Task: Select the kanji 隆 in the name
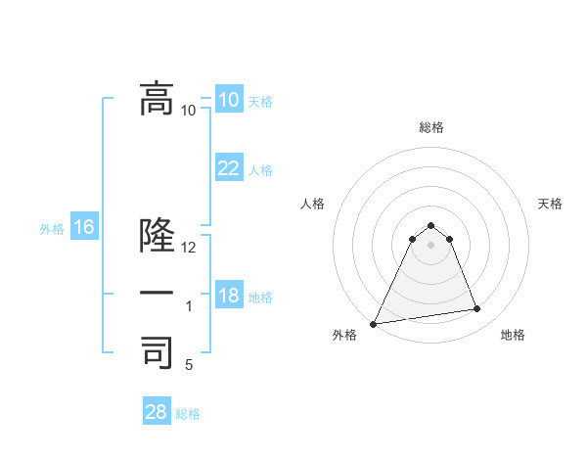coord(158,236)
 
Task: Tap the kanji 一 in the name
coord(158,294)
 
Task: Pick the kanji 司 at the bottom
coord(158,352)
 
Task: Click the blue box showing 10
coord(228,100)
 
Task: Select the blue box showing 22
coord(228,168)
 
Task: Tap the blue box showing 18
coord(228,296)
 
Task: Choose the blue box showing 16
coord(83,228)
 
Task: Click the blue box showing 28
coord(157,412)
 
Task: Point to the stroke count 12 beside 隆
coord(189,248)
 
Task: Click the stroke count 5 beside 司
coord(189,365)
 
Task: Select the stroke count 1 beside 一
coord(189,306)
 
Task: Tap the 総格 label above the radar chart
coord(431,127)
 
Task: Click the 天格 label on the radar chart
coord(550,204)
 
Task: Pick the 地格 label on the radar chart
coord(513,335)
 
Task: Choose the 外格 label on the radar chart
coord(344,335)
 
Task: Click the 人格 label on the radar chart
coord(312,204)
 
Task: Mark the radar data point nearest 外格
coord(374,324)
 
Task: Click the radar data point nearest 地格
coord(477,309)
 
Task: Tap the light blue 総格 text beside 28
coord(188,414)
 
